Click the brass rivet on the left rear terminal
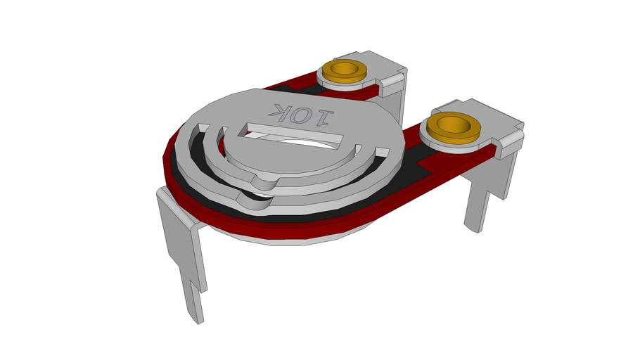click(x=345, y=73)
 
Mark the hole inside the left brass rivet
click(x=345, y=70)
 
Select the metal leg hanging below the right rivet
click(x=485, y=197)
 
